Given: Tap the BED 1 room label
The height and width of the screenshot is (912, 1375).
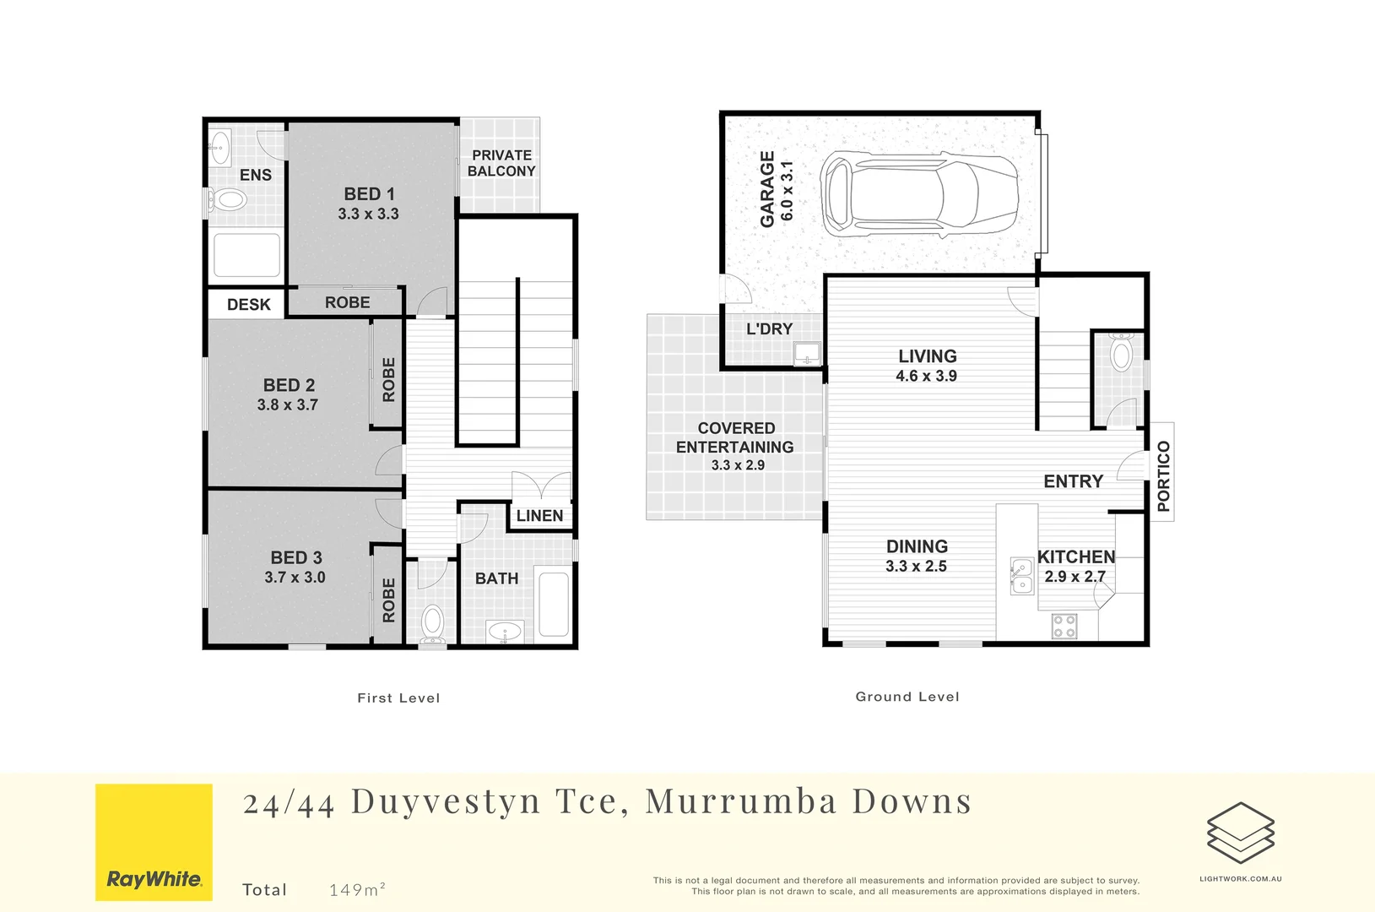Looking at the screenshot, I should coord(369,194).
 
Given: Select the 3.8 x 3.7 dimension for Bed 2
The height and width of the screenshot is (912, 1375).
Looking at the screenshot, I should coord(288,405).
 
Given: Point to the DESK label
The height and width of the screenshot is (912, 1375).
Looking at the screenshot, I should coord(249,305).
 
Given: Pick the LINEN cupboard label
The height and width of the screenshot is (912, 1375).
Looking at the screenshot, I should coord(539,516).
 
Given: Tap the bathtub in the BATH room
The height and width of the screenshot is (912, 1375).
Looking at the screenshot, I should coord(554,605).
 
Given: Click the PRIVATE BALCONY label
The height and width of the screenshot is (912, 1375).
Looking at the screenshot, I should coord(501,163).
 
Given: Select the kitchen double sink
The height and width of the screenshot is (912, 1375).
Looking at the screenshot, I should coord(1021,576).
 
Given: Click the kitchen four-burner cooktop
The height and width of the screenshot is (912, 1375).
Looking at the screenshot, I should coord(1064,626).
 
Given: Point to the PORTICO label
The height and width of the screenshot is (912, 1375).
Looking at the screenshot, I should coord(1163,476).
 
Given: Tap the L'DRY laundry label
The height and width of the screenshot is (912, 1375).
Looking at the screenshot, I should coord(769,329).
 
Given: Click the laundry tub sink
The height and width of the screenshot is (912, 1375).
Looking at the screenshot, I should coord(807,353).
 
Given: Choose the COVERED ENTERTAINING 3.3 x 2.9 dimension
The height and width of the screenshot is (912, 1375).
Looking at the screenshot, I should coord(738,465).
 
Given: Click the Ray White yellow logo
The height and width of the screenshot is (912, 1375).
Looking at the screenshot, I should coord(154,842).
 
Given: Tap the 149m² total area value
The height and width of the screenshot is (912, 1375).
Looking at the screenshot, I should coord(357,889).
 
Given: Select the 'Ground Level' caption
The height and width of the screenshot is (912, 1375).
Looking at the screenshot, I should coord(907,697).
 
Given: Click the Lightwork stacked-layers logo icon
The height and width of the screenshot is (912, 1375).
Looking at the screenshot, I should coord(1240,833).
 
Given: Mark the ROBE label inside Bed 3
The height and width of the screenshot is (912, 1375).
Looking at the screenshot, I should coord(388,600).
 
